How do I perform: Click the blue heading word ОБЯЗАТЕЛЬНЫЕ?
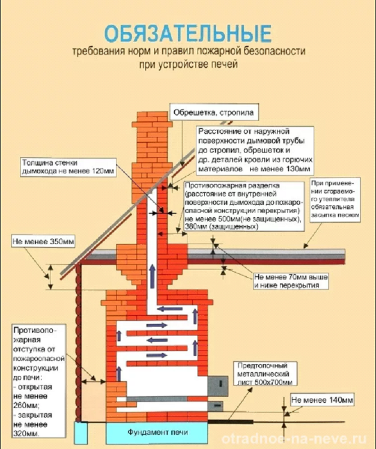pos(188,34)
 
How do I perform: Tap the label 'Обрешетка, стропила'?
pos(214,112)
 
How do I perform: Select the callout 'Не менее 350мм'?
pos(43,242)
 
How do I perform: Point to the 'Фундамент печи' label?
pos(157,432)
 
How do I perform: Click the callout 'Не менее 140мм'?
pos(322,400)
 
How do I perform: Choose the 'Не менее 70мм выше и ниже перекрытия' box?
pos(291,281)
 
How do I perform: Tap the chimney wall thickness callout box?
pos(68,167)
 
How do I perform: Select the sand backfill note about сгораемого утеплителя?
pos(336,200)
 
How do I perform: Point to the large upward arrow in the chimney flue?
pos(152,276)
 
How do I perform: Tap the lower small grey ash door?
pos(215,406)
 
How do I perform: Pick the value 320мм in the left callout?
pos(25,433)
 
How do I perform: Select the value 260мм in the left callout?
pos(26,405)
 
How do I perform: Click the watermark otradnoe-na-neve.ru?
pos(294,439)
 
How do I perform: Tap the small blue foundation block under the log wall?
pos(81,432)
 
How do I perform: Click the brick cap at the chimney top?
pos(152,120)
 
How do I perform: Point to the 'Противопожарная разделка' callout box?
pos(243,206)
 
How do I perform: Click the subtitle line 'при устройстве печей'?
pos(189,64)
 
